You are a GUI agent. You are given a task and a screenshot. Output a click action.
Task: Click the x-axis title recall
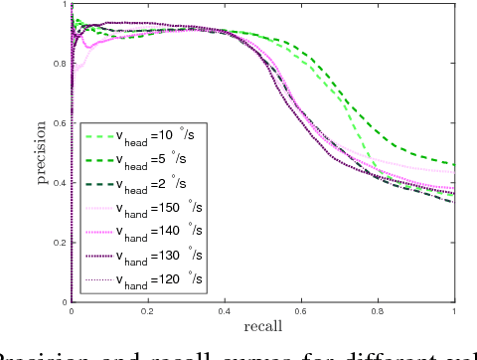262,326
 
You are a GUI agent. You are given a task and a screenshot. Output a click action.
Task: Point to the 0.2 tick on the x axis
147,310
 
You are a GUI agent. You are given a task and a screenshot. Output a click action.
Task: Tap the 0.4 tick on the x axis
224,310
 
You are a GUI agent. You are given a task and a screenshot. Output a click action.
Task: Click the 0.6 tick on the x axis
300,310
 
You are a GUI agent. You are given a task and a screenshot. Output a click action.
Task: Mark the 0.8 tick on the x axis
377,310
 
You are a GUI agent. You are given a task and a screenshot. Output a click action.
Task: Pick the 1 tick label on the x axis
454,310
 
